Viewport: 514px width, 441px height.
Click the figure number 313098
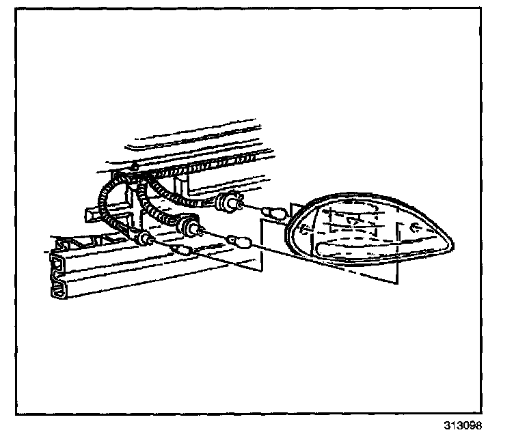(x=463, y=425)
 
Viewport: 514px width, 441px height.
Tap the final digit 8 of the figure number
(x=478, y=425)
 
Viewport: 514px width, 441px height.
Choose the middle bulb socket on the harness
(x=188, y=227)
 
